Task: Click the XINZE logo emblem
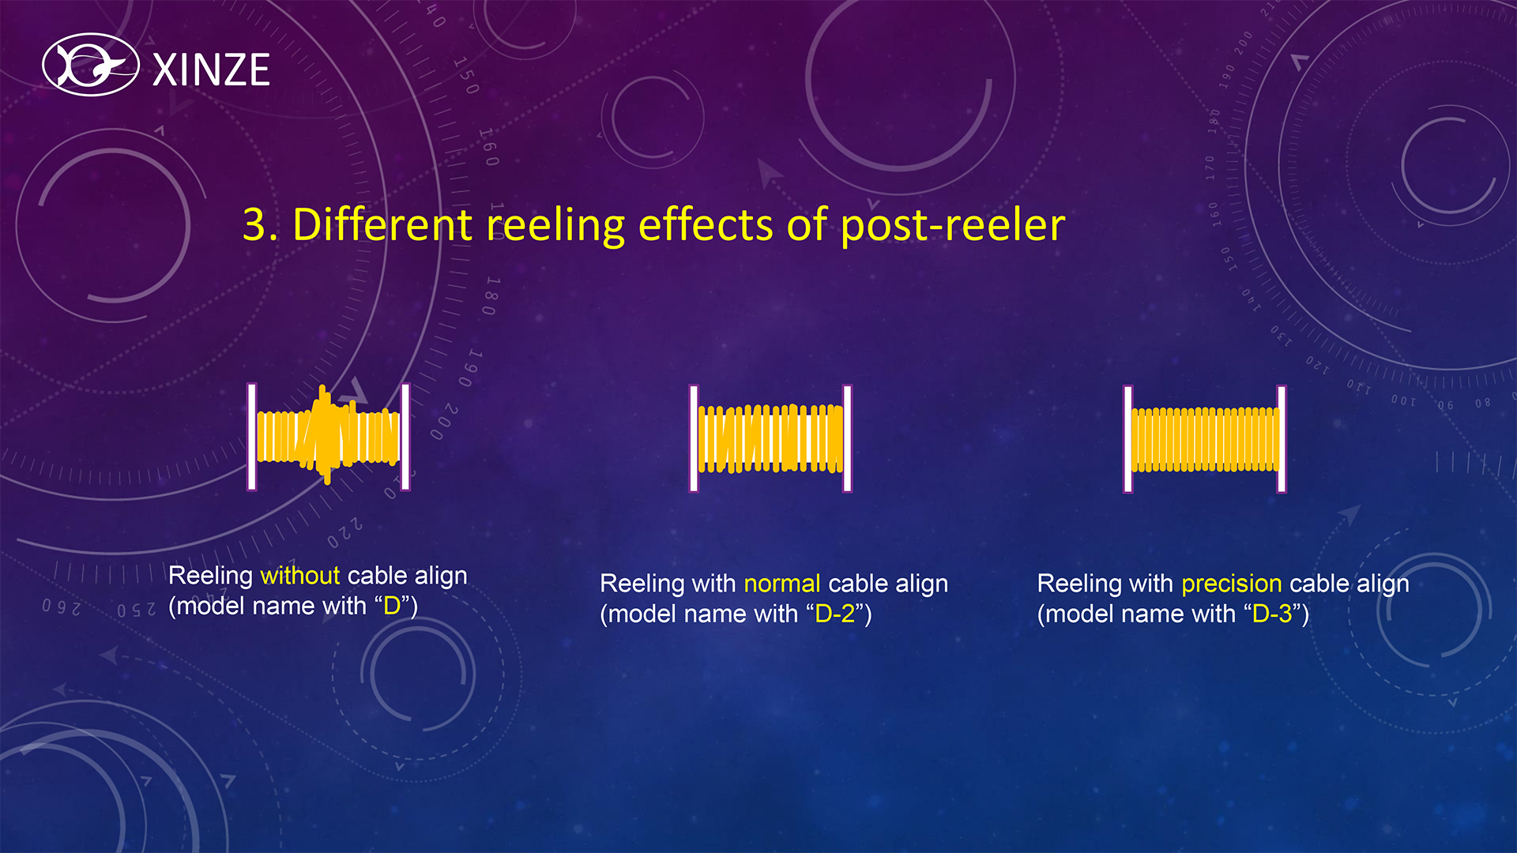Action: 90,65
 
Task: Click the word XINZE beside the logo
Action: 211,70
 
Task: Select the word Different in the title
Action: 382,224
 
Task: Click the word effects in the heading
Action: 706,224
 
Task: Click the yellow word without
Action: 299,575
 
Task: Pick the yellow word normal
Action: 782,584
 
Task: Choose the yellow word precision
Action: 1231,584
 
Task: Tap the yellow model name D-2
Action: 835,614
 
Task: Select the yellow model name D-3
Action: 1272,614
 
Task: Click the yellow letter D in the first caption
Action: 392,606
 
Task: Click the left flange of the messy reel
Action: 252,437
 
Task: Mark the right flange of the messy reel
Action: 405,437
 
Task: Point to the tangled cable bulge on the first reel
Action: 324,434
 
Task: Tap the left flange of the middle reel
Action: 694,438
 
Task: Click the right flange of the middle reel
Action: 847,438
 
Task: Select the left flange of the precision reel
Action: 1128,439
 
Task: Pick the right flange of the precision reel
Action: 1282,439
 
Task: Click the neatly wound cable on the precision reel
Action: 1205,439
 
